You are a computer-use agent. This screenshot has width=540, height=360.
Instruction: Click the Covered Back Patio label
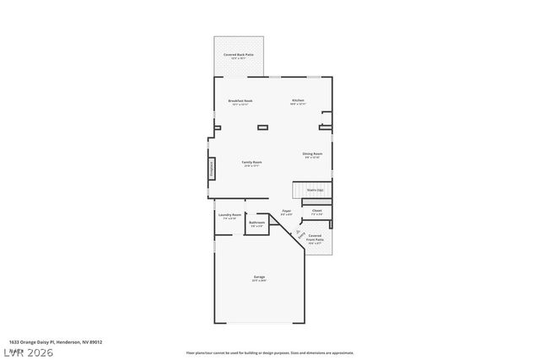[x=239, y=55]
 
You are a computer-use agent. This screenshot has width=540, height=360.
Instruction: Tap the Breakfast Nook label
[x=240, y=101]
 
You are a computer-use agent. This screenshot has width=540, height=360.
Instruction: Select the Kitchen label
[x=298, y=100]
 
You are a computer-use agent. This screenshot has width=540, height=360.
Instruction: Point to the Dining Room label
[x=312, y=153]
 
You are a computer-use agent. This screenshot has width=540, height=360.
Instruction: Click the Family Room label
[x=251, y=162]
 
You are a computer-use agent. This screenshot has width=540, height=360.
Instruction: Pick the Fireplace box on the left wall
[x=212, y=168]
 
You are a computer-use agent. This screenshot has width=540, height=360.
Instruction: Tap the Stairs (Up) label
[x=315, y=191]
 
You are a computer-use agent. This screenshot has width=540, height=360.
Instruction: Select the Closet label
[x=316, y=210]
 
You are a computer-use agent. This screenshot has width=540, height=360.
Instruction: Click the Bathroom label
[x=256, y=223]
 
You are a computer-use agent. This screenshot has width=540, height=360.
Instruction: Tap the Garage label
[x=259, y=277]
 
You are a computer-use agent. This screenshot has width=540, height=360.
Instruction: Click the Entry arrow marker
[x=298, y=234]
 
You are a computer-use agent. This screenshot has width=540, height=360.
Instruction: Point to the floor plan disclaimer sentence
[x=269, y=353]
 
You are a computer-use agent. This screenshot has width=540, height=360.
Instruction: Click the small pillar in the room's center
[x=262, y=127]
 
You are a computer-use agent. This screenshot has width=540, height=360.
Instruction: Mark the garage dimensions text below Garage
[x=259, y=281]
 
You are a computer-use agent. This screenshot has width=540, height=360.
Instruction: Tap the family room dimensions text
[x=251, y=166]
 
